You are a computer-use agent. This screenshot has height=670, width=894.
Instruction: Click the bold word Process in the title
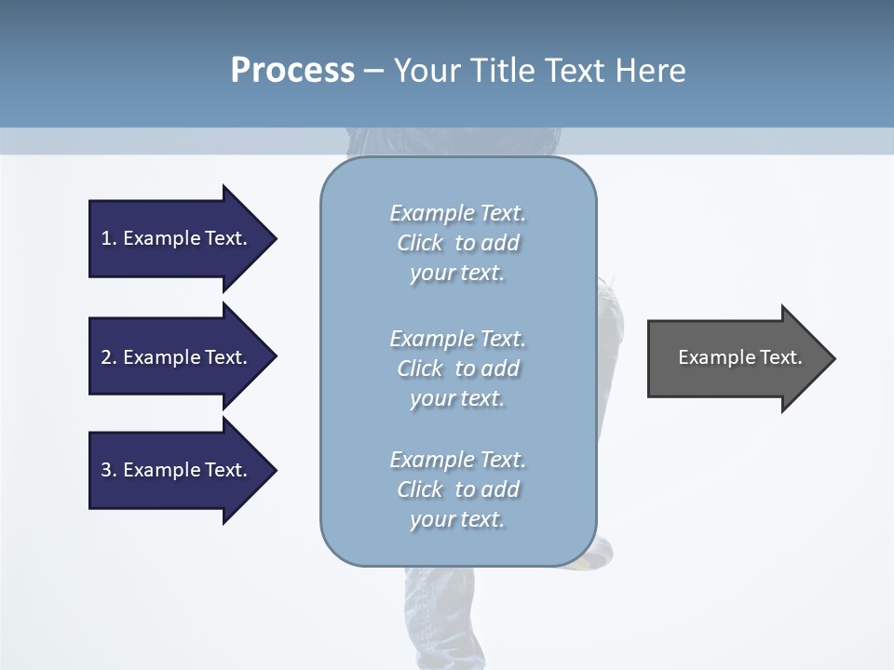click(292, 71)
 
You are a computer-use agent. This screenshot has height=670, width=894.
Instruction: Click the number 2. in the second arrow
click(108, 357)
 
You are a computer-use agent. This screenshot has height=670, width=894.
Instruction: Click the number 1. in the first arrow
click(108, 238)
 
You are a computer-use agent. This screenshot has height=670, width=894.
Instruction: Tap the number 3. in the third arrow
click(108, 470)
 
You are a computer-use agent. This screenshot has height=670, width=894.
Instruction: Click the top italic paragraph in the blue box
click(457, 243)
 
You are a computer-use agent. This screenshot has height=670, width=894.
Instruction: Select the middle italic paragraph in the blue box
click(457, 368)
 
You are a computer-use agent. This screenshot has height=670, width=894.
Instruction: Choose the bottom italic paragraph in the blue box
click(457, 489)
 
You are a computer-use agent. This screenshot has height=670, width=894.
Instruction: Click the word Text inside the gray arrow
click(780, 357)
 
